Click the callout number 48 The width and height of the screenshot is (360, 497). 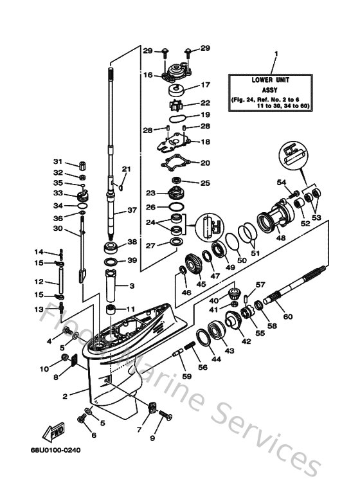pyautogui.click(x=280, y=237)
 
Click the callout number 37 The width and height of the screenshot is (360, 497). pyautogui.click(x=132, y=210)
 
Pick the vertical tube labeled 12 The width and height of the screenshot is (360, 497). pyautogui.click(x=61, y=282)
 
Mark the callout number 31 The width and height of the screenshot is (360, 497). pyautogui.click(x=57, y=161)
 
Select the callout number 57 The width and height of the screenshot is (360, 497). pyautogui.click(x=260, y=284)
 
